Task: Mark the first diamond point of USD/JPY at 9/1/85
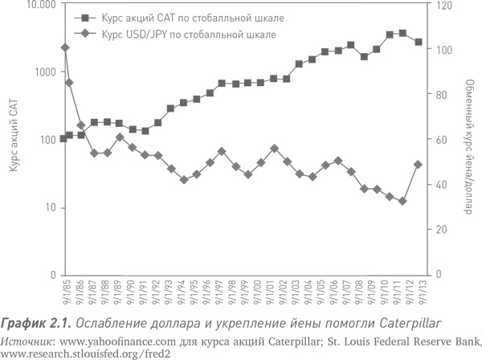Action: (65, 47)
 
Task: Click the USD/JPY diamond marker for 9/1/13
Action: (419, 165)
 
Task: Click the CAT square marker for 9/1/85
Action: (64, 138)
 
